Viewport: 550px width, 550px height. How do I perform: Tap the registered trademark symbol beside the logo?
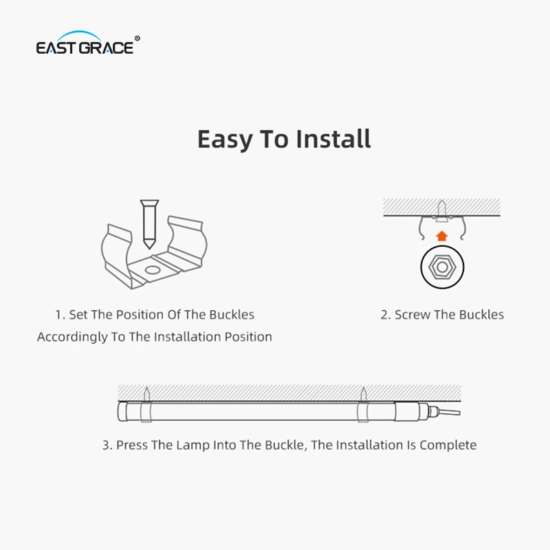[x=137, y=38]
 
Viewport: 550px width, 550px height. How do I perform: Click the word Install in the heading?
[x=333, y=139]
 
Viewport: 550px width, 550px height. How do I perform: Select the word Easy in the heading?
[x=225, y=140]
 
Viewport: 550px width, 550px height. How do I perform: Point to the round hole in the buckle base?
[x=152, y=270]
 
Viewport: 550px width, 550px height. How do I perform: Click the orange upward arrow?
[x=442, y=236]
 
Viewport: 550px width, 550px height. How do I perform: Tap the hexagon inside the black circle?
[x=442, y=267]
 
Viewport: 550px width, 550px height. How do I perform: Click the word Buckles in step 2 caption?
[x=481, y=315]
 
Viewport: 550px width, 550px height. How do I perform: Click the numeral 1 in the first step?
[x=59, y=315]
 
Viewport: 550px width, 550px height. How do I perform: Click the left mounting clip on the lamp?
[x=146, y=411]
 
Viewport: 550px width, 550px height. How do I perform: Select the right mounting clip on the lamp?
[x=363, y=411]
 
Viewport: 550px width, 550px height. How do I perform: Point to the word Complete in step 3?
[x=448, y=445]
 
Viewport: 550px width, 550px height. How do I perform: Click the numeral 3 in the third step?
[x=106, y=445]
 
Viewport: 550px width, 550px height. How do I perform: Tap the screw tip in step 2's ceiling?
[x=442, y=201]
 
